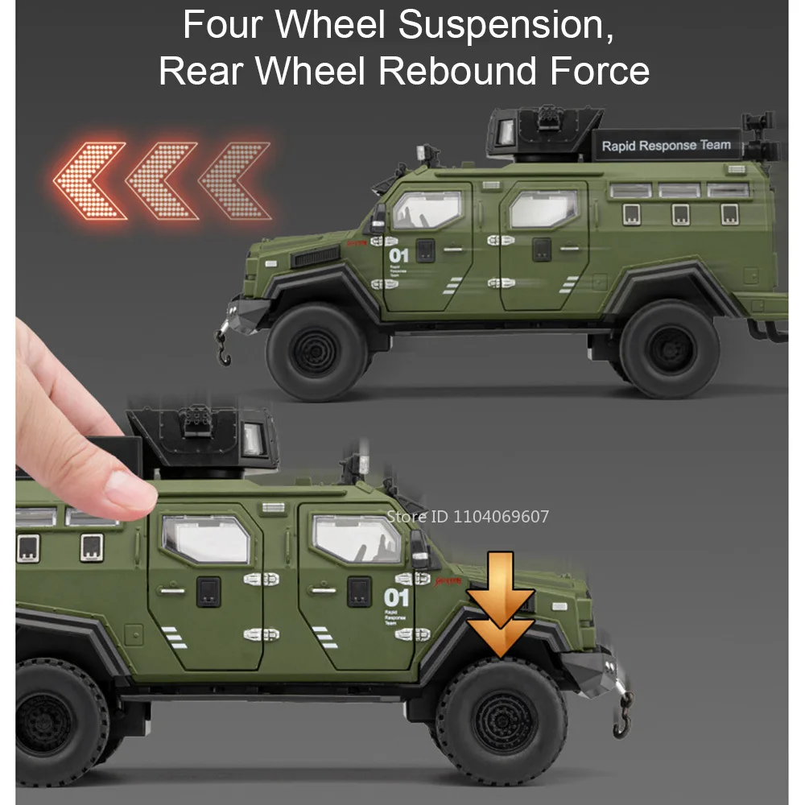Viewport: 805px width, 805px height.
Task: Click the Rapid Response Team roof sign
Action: click(666, 146)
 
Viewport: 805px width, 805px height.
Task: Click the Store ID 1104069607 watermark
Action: click(467, 516)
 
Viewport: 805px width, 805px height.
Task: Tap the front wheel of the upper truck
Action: click(316, 353)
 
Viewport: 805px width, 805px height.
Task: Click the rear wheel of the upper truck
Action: click(669, 349)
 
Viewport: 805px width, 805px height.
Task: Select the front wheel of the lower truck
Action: click(502, 718)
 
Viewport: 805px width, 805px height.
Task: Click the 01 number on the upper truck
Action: click(398, 256)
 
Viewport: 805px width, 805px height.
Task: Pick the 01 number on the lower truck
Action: click(397, 598)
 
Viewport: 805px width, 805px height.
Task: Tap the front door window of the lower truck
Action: click(357, 539)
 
